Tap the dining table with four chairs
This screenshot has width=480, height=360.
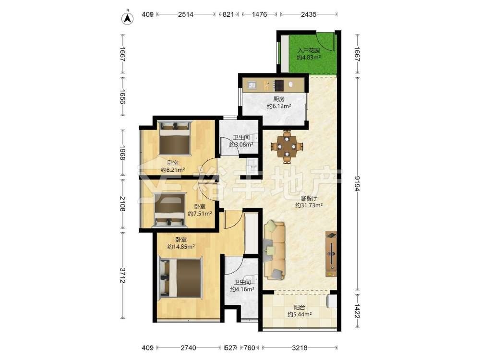[x=287, y=146]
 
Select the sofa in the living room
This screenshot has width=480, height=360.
[x=275, y=250]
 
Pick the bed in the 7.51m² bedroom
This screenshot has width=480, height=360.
[x=170, y=210]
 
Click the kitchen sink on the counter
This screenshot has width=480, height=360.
[x=253, y=85]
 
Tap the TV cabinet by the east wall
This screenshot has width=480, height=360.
[x=331, y=254]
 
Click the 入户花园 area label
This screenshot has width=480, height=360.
[x=309, y=50]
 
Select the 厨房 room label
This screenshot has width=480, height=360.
[x=279, y=99]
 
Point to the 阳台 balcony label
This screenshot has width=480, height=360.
[x=299, y=308]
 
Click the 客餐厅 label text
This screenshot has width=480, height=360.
[x=309, y=198]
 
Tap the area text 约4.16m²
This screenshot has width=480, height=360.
[x=242, y=289]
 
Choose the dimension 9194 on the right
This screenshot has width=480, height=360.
[x=357, y=184]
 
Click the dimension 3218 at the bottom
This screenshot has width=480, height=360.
[x=300, y=348]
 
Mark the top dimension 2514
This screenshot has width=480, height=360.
[x=186, y=14]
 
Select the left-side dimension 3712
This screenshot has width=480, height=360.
[x=122, y=276]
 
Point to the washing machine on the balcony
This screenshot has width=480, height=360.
[x=332, y=301]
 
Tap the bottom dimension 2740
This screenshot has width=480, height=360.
[x=188, y=348]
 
